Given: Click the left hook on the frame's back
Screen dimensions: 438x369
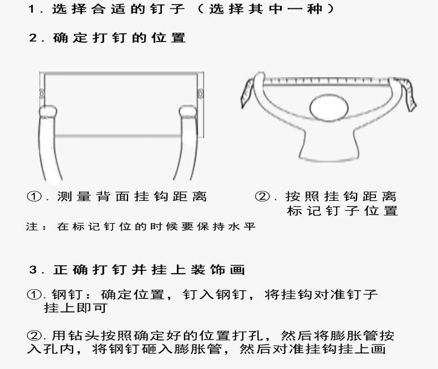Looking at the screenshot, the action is pyautogui.click(x=42, y=93).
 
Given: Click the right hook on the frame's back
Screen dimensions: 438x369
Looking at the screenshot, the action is pyautogui.click(x=200, y=93).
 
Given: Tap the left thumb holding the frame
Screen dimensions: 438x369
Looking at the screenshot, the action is pyautogui.click(x=48, y=112).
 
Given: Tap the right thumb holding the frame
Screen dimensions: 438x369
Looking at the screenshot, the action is pyautogui.click(x=187, y=112).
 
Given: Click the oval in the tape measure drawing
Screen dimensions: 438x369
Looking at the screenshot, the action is pyautogui.click(x=329, y=108).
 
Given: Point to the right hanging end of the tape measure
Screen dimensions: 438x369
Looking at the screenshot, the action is pyautogui.click(x=409, y=95).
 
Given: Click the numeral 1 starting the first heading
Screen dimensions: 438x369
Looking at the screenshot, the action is pyautogui.click(x=32, y=9).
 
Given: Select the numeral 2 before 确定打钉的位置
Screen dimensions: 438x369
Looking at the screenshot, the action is pyautogui.click(x=33, y=38).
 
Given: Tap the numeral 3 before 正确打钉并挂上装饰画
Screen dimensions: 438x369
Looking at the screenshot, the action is pyautogui.click(x=33, y=270).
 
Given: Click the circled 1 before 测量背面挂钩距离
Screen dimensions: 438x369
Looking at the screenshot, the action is pyautogui.click(x=34, y=196).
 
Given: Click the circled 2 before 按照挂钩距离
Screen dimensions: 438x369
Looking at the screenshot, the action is pyautogui.click(x=262, y=196).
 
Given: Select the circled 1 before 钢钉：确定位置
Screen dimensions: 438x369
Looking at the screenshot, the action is pyautogui.click(x=34, y=294).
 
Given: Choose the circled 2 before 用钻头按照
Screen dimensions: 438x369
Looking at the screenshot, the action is pyautogui.click(x=34, y=335).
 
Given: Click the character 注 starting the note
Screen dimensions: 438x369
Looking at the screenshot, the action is pyautogui.click(x=32, y=226).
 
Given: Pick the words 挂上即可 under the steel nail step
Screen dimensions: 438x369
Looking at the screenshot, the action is pyautogui.click(x=76, y=308).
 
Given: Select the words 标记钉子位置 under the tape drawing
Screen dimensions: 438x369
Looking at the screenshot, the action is pyautogui.click(x=342, y=211).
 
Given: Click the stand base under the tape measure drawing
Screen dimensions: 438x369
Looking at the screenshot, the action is pyautogui.click(x=329, y=148).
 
